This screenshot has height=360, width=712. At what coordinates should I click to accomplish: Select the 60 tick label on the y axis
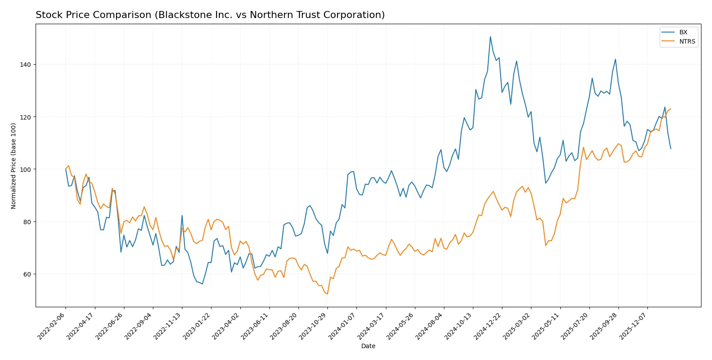point(27,274)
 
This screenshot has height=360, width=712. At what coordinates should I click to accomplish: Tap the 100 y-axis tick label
point(25,170)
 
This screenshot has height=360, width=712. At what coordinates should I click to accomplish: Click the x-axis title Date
point(368,346)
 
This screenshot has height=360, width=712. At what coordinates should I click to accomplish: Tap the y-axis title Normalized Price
point(13,166)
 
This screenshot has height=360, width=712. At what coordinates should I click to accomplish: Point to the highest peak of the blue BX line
point(490,36)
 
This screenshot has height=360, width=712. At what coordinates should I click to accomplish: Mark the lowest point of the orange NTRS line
point(327,294)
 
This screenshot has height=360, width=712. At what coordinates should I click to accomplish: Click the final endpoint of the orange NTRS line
point(671,109)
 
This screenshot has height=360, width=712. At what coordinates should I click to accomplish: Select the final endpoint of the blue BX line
point(671,149)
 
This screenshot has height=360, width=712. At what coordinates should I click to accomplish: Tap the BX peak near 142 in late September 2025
point(615,59)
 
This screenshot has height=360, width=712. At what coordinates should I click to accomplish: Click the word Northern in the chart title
point(268,15)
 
